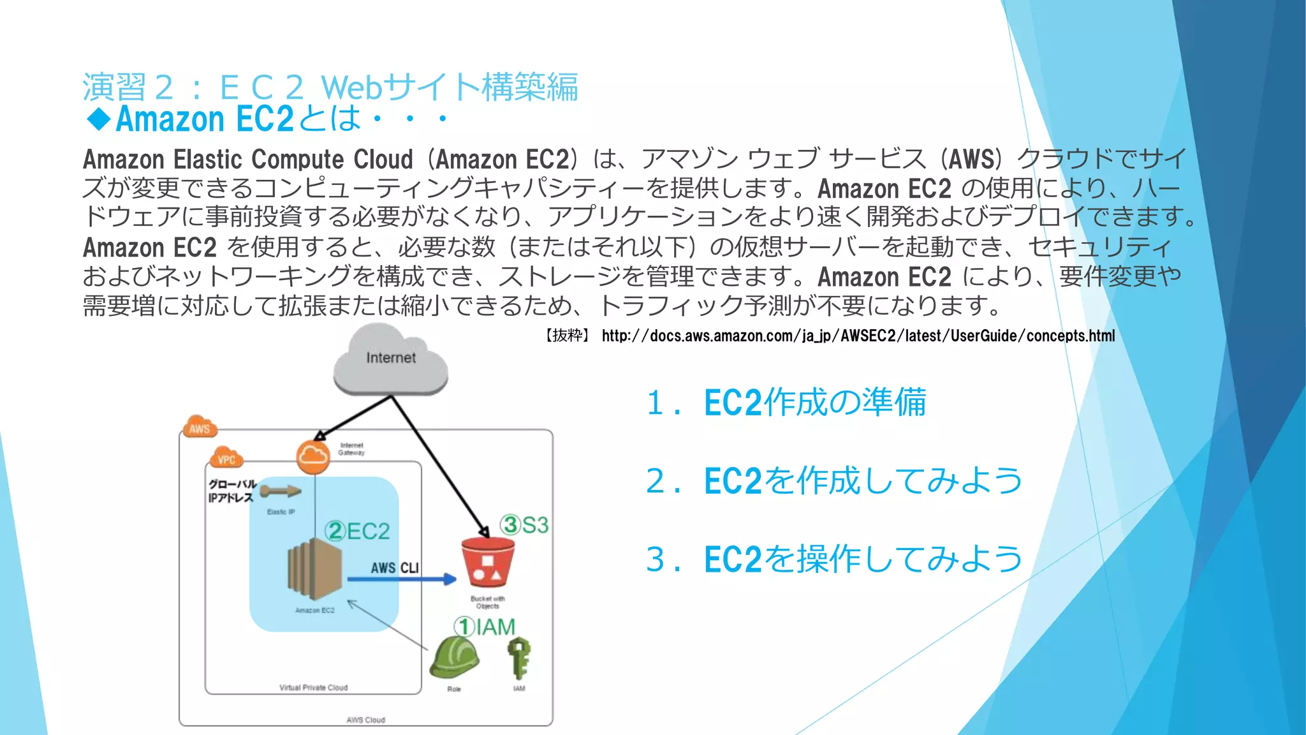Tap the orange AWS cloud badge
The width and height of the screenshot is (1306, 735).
tap(200, 428)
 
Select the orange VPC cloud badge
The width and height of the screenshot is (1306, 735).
tap(226, 458)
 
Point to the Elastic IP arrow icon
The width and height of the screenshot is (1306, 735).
tap(281, 491)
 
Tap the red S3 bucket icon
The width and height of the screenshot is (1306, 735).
tap(488, 561)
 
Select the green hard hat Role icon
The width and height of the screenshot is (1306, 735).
tap(454, 658)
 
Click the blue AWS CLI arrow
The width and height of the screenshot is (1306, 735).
tap(402, 579)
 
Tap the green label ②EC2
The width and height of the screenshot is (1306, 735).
tap(357, 531)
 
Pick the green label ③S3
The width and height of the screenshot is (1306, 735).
tap(524, 525)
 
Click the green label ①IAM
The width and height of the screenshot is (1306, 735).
tap(485, 627)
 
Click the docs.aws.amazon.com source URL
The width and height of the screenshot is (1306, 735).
tap(858, 336)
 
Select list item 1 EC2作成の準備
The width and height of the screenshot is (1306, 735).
tap(786, 403)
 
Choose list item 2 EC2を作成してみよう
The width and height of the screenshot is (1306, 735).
tap(834, 481)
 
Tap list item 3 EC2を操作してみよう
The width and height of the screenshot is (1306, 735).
tap(834, 560)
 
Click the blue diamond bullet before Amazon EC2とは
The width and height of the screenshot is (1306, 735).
tap(99, 119)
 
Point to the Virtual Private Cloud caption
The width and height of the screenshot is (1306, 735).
tap(313, 688)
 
